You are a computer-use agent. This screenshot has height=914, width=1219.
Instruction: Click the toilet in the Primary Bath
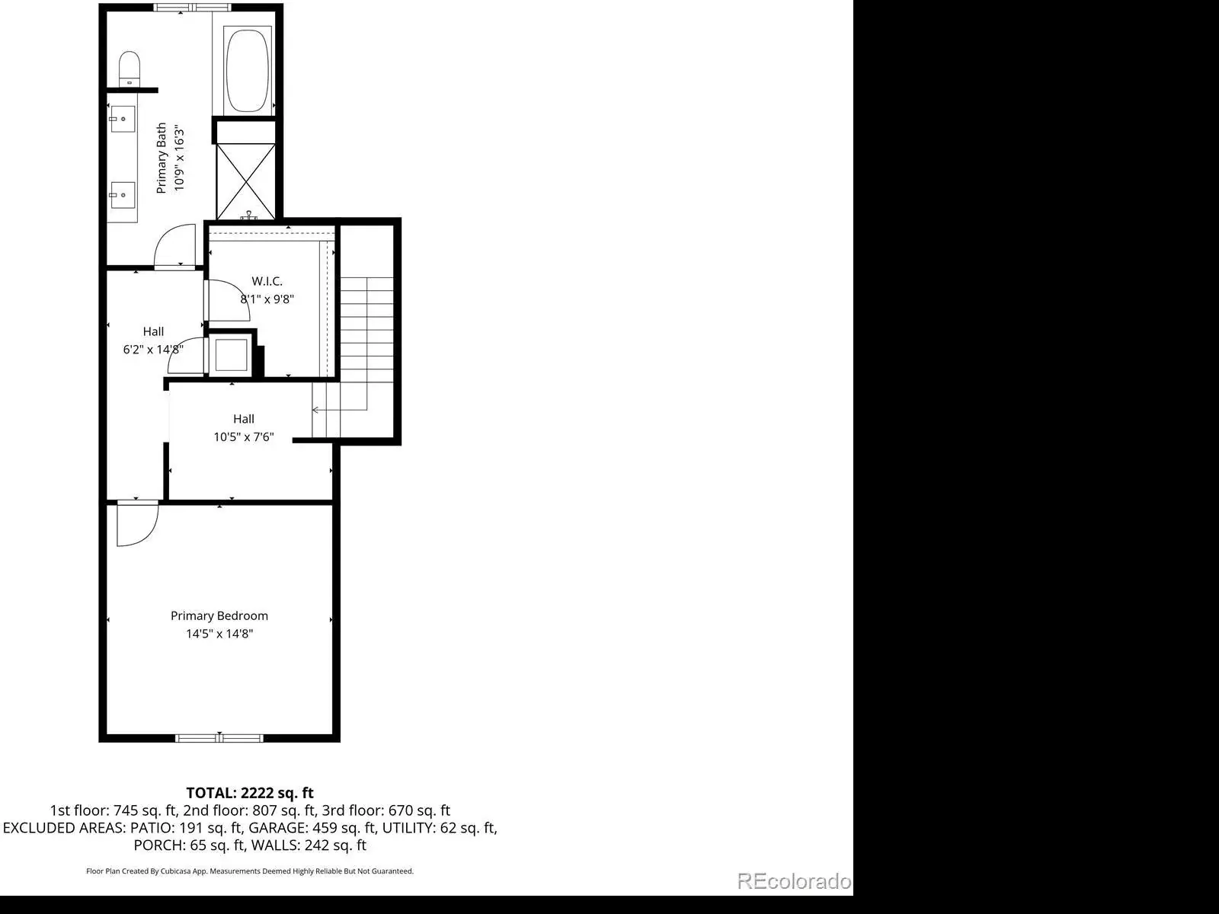130,69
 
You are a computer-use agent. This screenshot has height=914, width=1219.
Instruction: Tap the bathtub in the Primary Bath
247,71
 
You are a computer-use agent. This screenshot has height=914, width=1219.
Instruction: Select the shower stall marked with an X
245,181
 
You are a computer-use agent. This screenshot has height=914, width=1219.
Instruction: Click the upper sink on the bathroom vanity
122,119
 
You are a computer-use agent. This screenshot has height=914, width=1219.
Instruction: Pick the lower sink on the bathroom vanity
122,195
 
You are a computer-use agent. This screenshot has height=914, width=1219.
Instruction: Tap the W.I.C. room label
267,281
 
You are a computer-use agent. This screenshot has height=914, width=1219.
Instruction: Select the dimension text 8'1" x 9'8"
267,299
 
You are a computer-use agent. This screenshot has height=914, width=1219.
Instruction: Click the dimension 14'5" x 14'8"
219,634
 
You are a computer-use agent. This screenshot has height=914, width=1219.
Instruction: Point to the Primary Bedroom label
219,615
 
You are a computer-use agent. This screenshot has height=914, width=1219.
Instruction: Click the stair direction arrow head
315,410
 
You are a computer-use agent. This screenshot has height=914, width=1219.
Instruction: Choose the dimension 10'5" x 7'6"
244,436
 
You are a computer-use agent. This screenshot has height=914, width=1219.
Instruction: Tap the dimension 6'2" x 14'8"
153,350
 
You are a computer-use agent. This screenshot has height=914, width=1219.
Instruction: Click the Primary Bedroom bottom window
219,738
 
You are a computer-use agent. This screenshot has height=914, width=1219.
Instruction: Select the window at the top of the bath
192,7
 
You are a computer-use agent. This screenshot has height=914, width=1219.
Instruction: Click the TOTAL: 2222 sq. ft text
250,792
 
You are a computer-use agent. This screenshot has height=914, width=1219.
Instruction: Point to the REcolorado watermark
794,880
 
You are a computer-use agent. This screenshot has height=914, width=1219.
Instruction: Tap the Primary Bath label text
161,158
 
